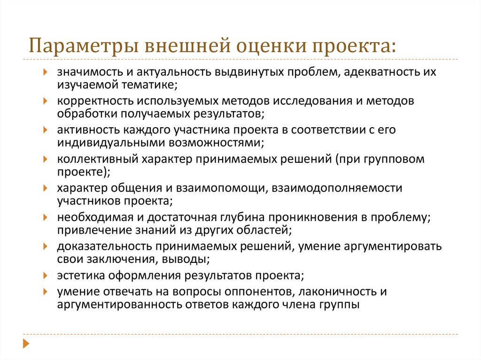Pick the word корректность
(x=95, y=101)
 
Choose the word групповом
(x=394, y=160)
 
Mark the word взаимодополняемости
(x=337, y=188)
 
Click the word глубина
(x=242, y=217)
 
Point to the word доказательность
(x=104, y=246)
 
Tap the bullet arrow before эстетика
(x=45, y=275)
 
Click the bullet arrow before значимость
(x=45, y=72)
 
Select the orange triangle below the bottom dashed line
(x=26, y=344)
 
